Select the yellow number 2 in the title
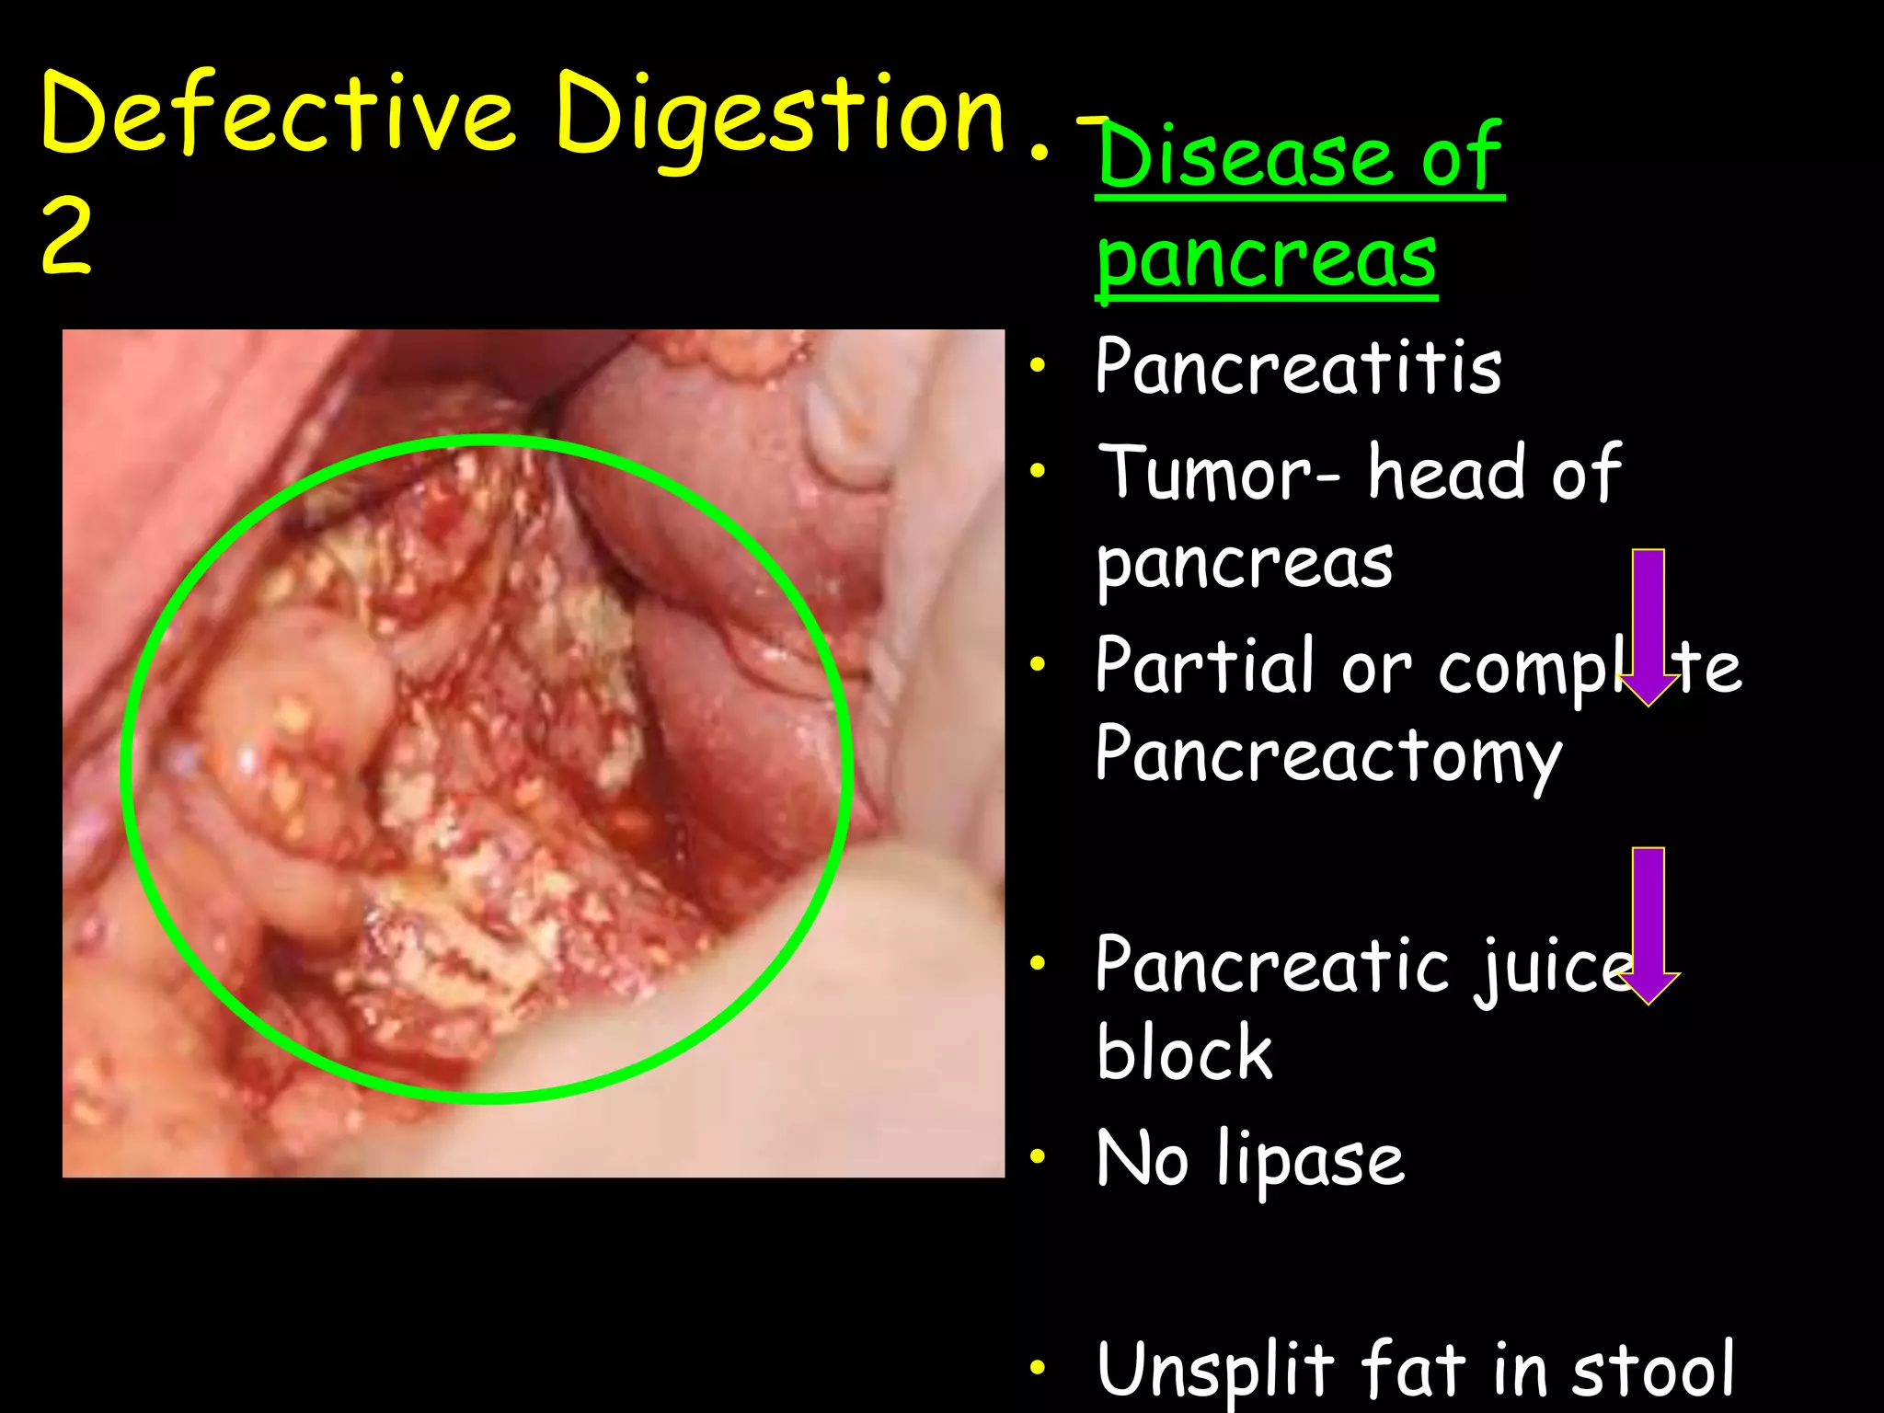[x=66, y=236]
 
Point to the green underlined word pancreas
[x=1267, y=259]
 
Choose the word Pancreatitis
[x=1298, y=366]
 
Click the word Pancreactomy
[x=1328, y=756]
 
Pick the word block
[x=1184, y=1052]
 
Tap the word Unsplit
[x=1214, y=1370]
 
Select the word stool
[x=1652, y=1370]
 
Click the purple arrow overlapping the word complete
[x=1648, y=626]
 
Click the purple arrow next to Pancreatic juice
[x=1648, y=925]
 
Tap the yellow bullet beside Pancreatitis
[x=1038, y=366]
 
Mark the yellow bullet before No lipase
[x=1038, y=1157]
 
